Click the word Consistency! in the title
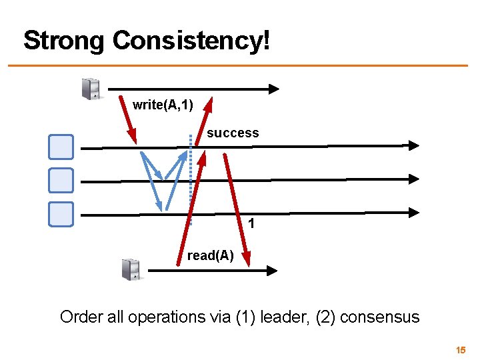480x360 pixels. pyautogui.click(x=191, y=41)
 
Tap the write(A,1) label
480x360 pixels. pyautogui.click(x=163, y=105)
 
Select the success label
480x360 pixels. pyautogui.click(x=233, y=133)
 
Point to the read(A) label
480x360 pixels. pyautogui.click(x=210, y=255)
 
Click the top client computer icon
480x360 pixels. pyautogui.click(x=91, y=89)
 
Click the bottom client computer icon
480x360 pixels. pyautogui.click(x=131, y=269)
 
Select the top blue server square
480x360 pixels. pyautogui.click(x=61, y=147)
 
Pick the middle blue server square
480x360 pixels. pyautogui.click(x=61, y=180)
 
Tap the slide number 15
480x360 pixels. pyautogui.click(x=460, y=350)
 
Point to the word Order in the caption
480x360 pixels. pyautogui.click(x=79, y=317)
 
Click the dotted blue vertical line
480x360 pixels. pyautogui.click(x=191, y=180)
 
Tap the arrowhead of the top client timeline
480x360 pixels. pyautogui.click(x=274, y=89)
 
